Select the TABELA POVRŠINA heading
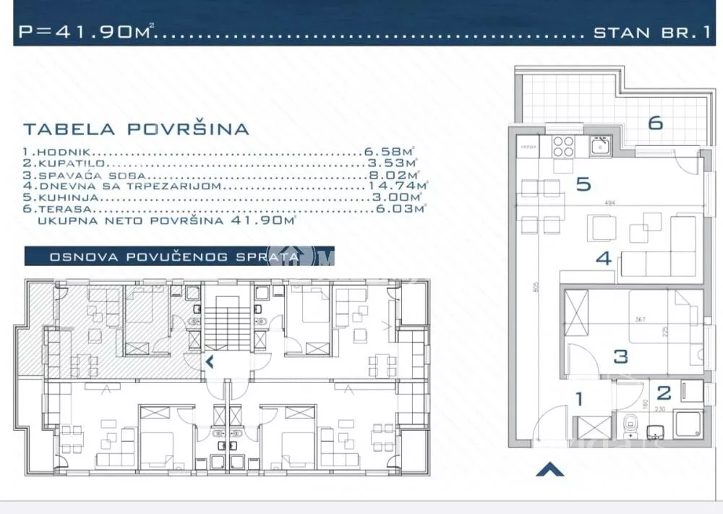(136, 129)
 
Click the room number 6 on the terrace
(655, 123)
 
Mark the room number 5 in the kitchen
(583, 184)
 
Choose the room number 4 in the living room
(604, 258)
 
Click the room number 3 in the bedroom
(620, 356)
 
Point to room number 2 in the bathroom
(663, 394)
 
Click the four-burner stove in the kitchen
(564, 147)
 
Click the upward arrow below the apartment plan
(549, 470)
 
